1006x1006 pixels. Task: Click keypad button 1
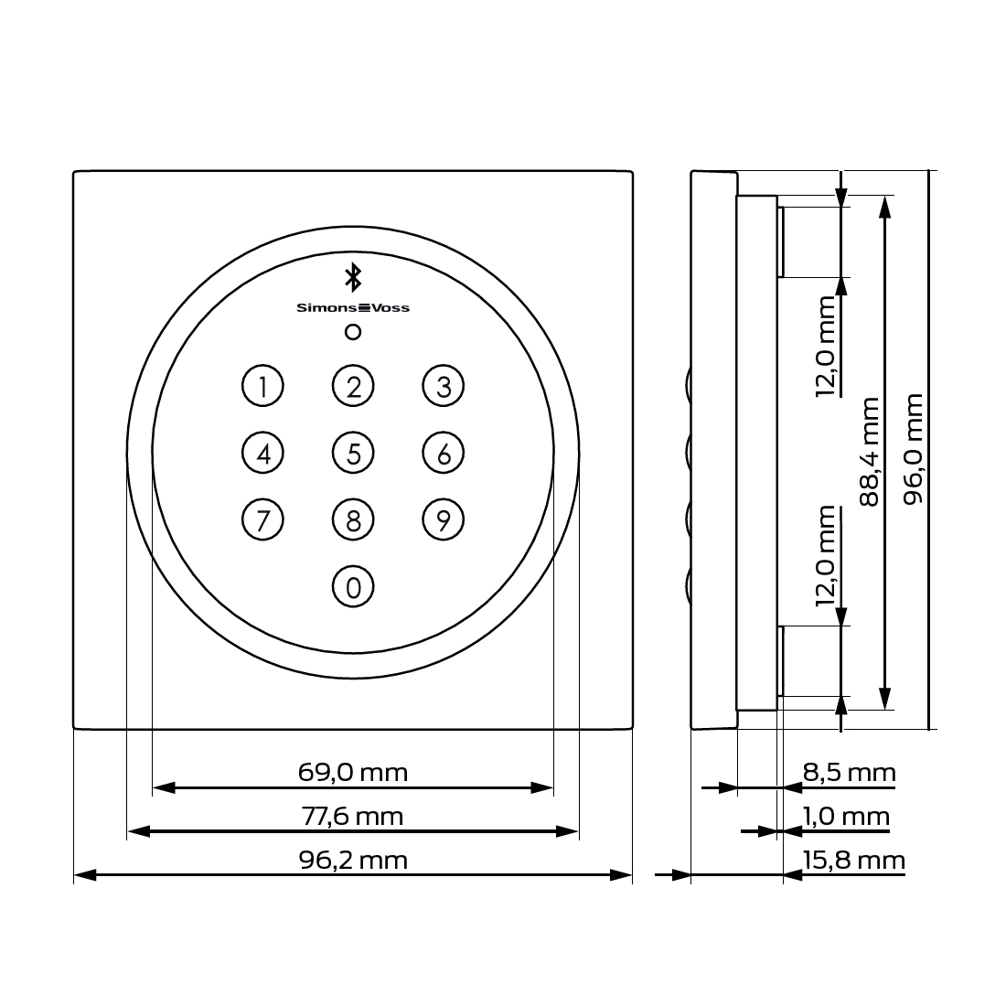(262, 386)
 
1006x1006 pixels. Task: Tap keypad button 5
(353, 453)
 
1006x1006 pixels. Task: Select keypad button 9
(444, 519)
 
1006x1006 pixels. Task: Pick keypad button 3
(444, 386)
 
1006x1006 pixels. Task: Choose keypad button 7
(262, 519)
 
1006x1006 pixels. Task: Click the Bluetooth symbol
(353, 277)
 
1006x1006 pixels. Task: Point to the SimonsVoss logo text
(353, 308)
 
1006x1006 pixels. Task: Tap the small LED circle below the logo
(353, 332)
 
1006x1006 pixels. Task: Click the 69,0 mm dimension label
(353, 772)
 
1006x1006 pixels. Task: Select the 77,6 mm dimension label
(353, 816)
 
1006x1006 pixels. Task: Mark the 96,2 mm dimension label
(353, 860)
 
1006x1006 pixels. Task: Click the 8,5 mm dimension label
(849, 773)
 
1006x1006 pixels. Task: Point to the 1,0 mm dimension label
(845, 816)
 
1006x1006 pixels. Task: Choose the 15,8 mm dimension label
(852, 860)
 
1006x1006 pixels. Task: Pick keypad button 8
(353, 519)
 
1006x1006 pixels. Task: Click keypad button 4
(262, 453)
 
